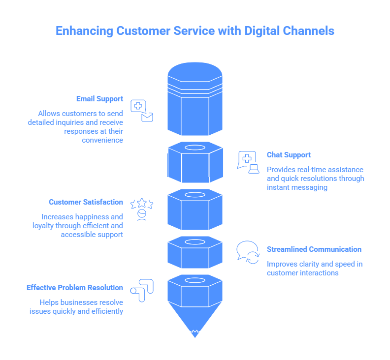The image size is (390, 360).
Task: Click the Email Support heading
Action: click(99, 99)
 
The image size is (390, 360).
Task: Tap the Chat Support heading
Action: click(289, 155)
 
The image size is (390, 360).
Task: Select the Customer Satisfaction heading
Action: click(86, 202)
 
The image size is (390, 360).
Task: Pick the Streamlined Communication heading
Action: click(314, 249)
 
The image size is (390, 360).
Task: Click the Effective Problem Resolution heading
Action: click(74, 288)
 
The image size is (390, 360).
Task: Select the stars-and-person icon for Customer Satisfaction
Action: click(142, 209)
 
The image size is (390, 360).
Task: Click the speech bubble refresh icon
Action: click(248, 252)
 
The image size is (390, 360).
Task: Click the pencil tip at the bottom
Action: click(195, 330)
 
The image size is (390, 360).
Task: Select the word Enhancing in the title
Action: click(84, 31)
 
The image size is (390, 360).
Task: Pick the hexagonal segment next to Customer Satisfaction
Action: click(195, 210)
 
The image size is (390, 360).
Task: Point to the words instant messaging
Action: click(297, 187)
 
